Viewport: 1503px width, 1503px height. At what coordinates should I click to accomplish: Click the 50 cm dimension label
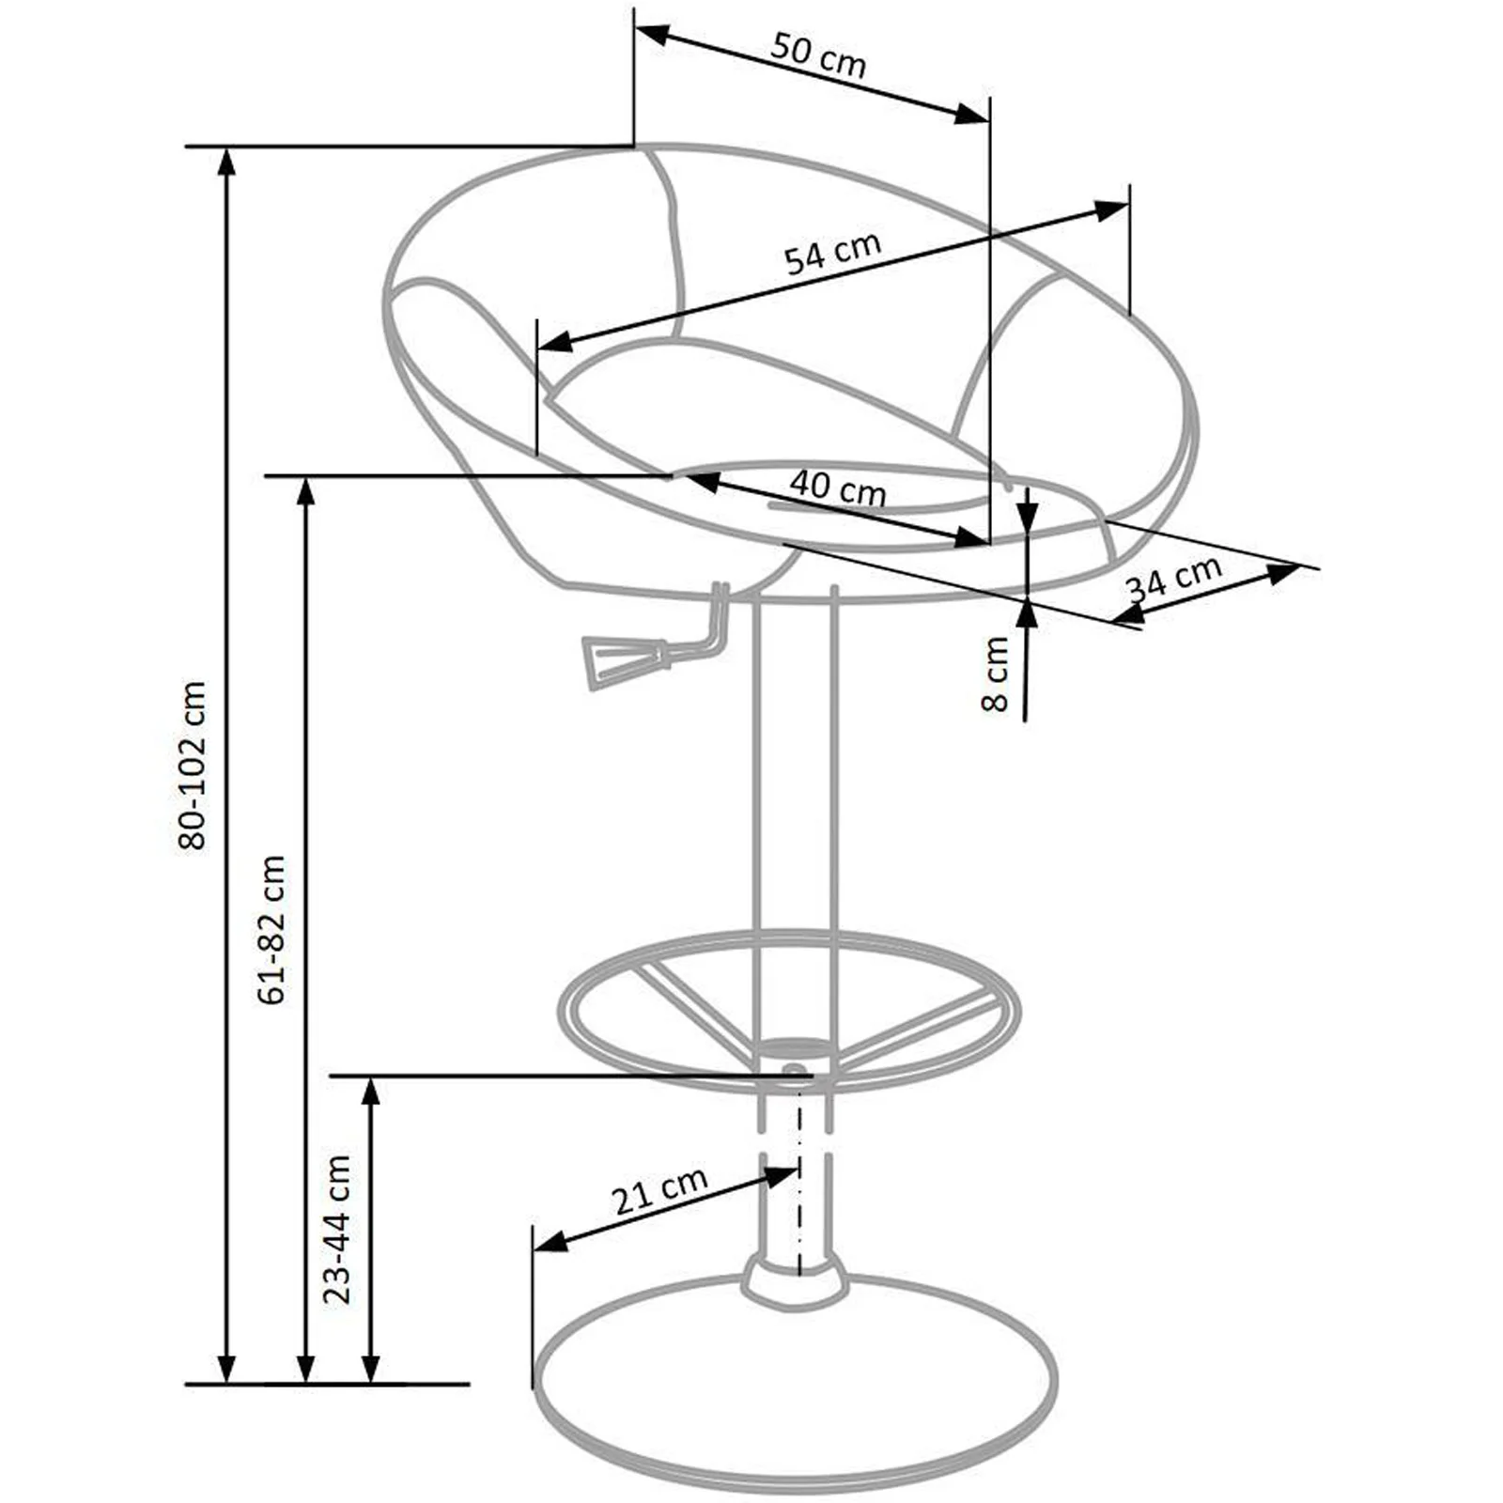click(818, 55)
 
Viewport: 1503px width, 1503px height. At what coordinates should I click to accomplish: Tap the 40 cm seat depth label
click(837, 488)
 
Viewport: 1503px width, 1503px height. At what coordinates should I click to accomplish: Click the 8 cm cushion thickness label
click(995, 674)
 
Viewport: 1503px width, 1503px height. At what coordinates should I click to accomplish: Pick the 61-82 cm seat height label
click(272, 930)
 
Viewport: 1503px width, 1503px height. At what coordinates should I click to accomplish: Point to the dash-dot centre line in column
click(799, 1174)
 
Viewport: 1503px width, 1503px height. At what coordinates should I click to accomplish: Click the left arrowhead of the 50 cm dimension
click(652, 35)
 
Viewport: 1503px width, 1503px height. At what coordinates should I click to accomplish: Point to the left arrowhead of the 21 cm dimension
click(550, 1241)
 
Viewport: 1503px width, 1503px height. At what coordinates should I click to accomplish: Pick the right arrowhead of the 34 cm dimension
click(1284, 572)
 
